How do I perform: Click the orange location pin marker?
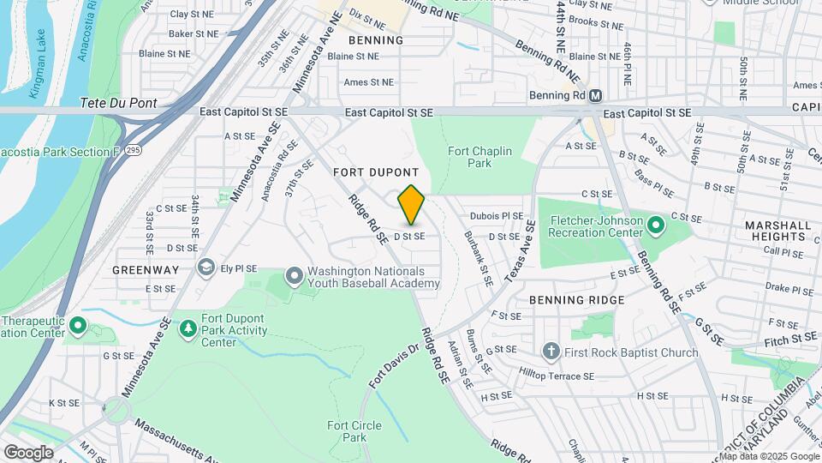pyautogui.click(x=412, y=205)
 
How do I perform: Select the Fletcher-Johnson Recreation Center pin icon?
pyautogui.click(x=657, y=225)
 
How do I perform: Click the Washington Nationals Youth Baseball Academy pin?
pyautogui.click(x=295, y=276)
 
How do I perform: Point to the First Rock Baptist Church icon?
pyautogui.click(x=551, y=352)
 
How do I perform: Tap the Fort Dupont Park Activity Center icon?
pyautogui.click(x=188, y=328)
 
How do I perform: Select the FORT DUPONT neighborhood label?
pyautogui.click(x=376, y=172)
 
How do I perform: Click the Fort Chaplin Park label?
pyautogui.click(x=479, y=157)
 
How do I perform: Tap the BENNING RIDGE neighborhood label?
pyautogui.click(x=576, y=300)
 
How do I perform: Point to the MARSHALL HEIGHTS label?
pyautogui.click(x=777, y=231)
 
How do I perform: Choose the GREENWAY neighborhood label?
pyautogui.click(x=146, y=269)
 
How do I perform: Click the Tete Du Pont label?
pyautogui.click(x=118, y=103)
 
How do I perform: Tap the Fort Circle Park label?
pyautogui.click(x=347, y=431)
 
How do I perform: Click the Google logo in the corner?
pyautogui.click(x=28, y=452)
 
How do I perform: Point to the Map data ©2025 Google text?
pyautogui.click(x=767, y=456)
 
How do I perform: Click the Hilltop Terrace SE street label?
pyautogui.click(x=556, y=375)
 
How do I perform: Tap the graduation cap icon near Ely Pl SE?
pyautogui.click(x=205, y=268)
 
